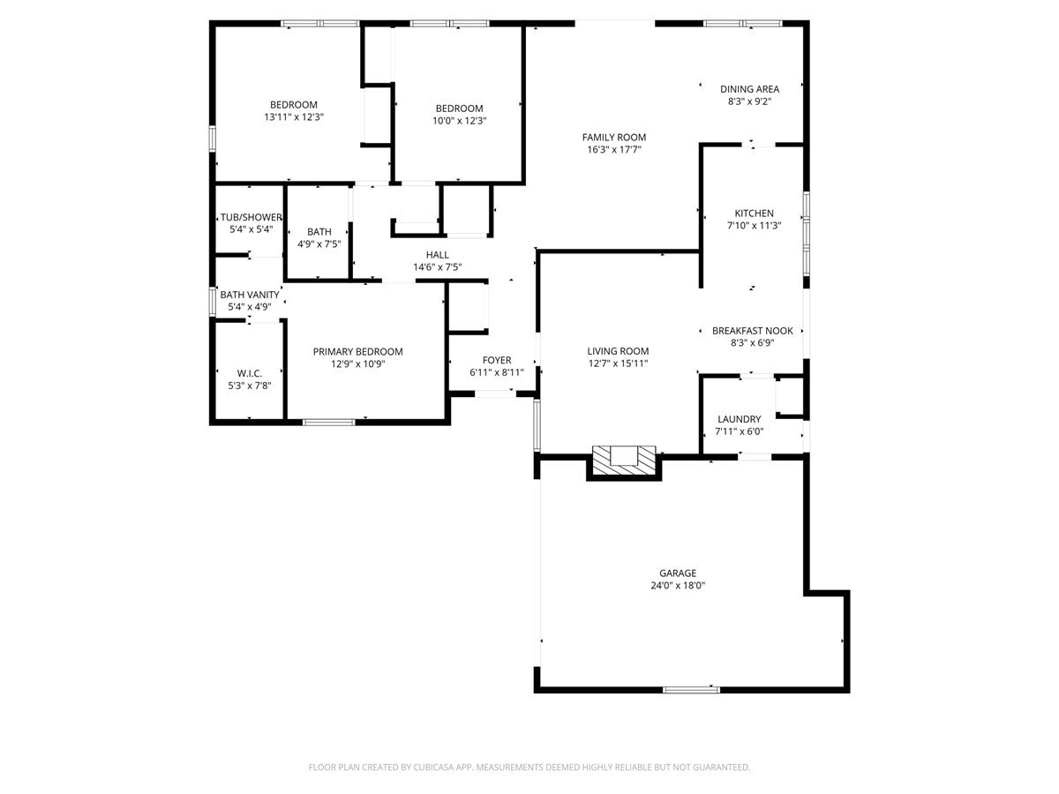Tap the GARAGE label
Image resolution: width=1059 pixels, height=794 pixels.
(x=677, y=573)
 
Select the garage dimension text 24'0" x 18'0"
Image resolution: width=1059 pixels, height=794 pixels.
(x=677, y=585)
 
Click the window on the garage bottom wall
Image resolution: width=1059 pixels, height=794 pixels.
(x=691, y=689)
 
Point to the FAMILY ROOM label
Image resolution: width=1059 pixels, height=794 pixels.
(x=613, y=137)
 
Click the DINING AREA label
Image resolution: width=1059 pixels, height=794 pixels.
(x=749, y=89)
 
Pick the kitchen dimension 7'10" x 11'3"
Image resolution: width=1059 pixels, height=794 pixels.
(x=754, y=225)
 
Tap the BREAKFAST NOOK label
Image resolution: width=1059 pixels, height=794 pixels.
(x=752, y=331)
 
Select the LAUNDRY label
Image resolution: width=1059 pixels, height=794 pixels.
(x=739, y=419)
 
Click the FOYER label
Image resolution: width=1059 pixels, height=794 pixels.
(x=496, y=360)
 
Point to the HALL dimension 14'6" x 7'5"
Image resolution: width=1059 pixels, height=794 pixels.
(x=437, y=266)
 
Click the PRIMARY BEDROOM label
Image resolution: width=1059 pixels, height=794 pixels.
(x=357, y=351)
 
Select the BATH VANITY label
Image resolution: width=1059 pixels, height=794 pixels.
(x=249, y=295)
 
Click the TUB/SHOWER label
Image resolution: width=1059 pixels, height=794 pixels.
(x=251, y=217)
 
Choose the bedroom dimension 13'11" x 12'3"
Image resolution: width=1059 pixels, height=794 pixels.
(x=293, y=117)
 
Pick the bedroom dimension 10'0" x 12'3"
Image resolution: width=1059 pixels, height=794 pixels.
(x=459, y=121)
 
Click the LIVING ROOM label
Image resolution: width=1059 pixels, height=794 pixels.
(x=618, y=351)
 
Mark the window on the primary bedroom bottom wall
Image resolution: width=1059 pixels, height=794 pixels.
(x=328, y=423)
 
